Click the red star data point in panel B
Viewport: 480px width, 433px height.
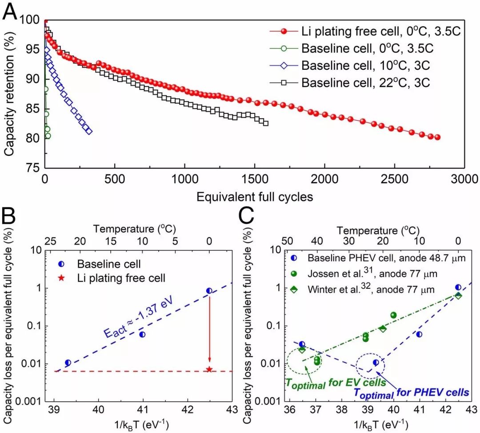(x=209, y=369)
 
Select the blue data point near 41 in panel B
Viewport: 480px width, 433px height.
(x=142, y=334)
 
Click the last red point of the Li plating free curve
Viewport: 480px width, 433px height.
(x=437, y=137)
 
